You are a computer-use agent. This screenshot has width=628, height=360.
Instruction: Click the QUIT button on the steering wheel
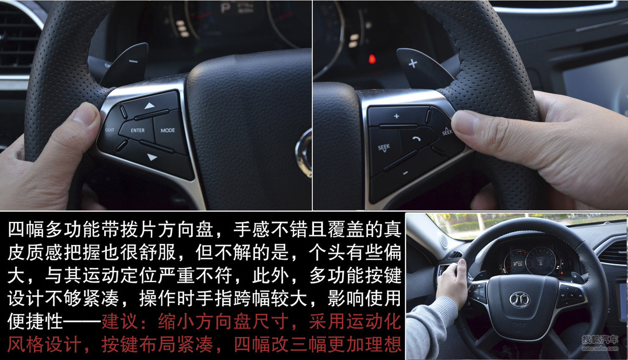pos(110,130)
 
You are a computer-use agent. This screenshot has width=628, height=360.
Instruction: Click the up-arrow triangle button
pos(150,105)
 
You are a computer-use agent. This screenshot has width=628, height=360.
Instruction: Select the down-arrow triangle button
pos(152,157)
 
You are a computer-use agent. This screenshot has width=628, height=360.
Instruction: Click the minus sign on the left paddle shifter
pos(133,61)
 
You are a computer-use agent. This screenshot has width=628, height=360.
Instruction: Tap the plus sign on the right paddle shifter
pos(413,63)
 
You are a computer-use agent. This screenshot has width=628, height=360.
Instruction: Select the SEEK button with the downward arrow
pos(384,148)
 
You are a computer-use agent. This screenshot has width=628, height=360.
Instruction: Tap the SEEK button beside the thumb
pos(446,131)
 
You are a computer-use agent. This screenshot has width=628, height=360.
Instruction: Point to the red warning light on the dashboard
pos(372,59)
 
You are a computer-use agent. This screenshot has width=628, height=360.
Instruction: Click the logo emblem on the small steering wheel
pos(520,299)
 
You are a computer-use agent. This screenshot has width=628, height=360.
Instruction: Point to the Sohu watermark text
pos(600,343)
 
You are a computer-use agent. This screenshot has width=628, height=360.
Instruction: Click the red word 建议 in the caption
pos(120,321)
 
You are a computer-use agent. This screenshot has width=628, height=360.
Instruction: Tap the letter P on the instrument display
pos(225,7)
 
